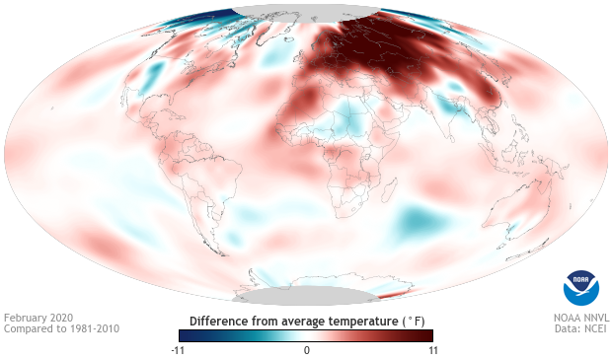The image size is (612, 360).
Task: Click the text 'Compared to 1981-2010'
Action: click(x=61, y=329)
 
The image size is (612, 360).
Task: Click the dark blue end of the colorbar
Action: click(x=184, y=335)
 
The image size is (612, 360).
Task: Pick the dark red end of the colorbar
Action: click(x=427, y=335)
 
